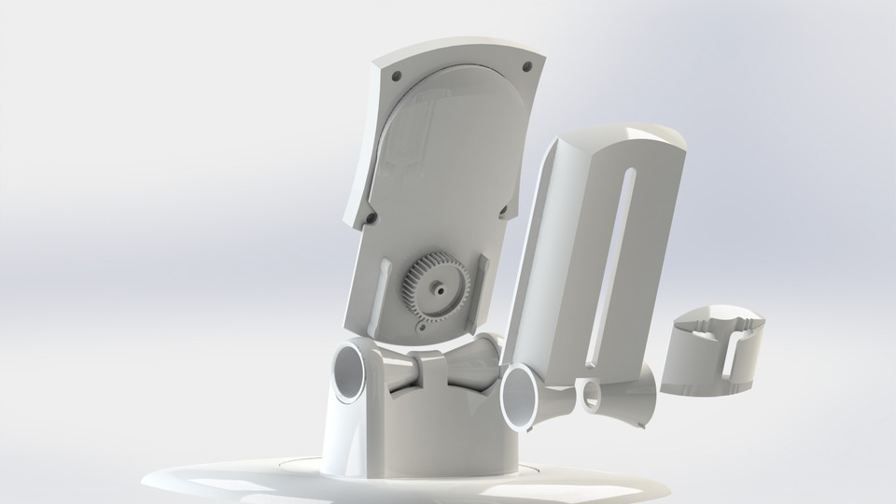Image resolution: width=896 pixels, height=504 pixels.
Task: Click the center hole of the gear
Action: pyautogui.click(x=437, y=288)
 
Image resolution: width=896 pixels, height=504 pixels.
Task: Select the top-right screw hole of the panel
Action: pyautogui.click(x=526, y=67)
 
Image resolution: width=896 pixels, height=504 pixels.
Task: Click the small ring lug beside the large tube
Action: pyautogui.click(x=589, y=394)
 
